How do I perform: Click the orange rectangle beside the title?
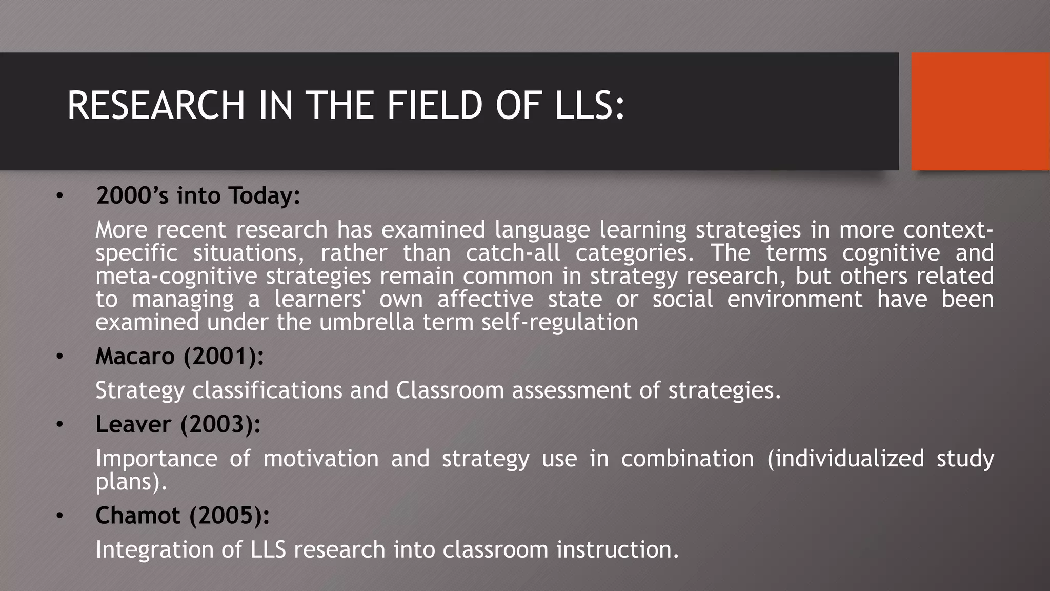[x=980, y=111]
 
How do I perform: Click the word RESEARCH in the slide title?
[x=156, y=106]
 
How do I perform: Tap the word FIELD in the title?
[x=435, y=106]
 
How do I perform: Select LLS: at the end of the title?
[x=590, y=106]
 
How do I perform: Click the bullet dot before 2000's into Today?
[x=60, y=196]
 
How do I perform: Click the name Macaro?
[x=135, y=357]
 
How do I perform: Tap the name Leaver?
[x=133, y=425]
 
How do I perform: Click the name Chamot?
[x=137, y=516]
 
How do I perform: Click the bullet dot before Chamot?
[x=60, y=516]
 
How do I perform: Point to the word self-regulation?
[x=560, y=323]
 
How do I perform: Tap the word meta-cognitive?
[x=176, y=277]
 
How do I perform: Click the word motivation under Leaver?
[x=321, y=459]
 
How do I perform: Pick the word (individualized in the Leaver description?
[x=845, y=459]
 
